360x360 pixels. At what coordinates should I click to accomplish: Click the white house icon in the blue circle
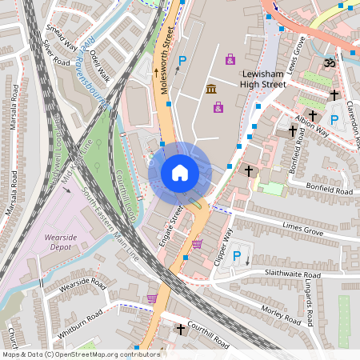coord(180,173)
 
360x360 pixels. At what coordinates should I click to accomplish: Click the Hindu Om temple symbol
coord(326,62)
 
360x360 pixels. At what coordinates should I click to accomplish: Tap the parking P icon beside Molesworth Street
coord(182,61)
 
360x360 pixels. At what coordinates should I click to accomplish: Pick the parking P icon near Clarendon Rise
coord(334,119)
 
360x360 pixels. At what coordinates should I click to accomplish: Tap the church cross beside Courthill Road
coord(181,329)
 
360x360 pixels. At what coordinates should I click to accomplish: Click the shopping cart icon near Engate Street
coord(197,244)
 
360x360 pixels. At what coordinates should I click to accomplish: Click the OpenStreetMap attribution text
coord(80,354)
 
